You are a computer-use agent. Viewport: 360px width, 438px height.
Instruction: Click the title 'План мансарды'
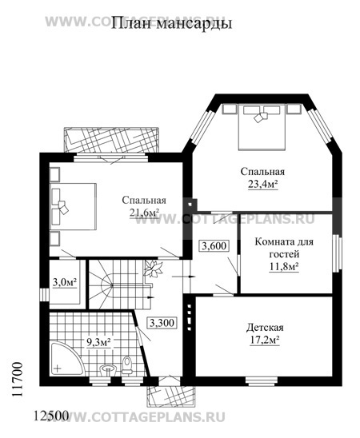pos(172,23)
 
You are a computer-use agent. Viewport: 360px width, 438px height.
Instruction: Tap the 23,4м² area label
pos(262,185)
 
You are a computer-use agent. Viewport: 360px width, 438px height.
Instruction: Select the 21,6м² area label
pos(144,213)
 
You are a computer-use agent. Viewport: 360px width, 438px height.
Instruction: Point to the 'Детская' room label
pos(265,327)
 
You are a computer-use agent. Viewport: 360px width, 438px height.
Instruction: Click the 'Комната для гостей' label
pos(284,248)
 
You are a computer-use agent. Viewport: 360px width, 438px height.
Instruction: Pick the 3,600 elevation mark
pos(214,246)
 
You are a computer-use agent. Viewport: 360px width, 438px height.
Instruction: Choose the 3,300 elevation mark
pos(162,323)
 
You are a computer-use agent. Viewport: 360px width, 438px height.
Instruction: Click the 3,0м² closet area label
pos(65,282)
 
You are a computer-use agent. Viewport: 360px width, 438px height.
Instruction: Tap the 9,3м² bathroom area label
pos(98,342)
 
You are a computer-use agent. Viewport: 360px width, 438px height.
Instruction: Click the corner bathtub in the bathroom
pos(65,360)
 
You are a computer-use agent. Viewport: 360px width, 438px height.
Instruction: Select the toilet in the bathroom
pos(127,364)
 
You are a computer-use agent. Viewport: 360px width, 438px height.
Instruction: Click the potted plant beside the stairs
pos(153,269)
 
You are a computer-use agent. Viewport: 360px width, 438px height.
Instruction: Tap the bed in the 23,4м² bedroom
pos(262,127)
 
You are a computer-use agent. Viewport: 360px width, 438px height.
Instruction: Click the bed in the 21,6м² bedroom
pos(74,206)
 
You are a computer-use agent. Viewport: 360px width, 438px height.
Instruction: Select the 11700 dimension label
pos(18,380)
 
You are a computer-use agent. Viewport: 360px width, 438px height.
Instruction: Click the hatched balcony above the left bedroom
pos(112,140)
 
